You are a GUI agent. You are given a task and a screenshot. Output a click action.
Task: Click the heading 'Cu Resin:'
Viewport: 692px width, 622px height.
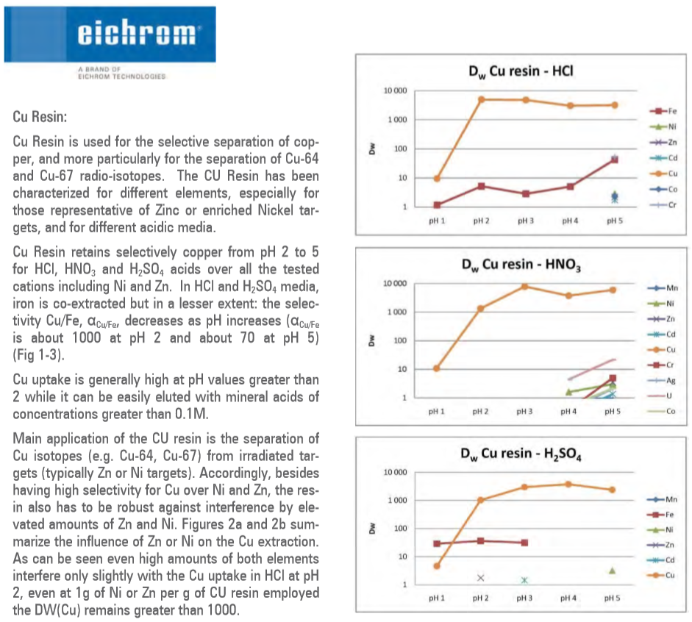[42, 116]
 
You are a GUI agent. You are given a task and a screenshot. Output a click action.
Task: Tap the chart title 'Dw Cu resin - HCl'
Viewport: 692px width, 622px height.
[521, 71]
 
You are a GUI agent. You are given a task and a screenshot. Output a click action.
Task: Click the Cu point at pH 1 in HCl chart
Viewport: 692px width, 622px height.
[437, 178]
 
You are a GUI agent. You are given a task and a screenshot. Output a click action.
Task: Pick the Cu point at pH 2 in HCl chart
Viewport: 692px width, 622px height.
[481, 99]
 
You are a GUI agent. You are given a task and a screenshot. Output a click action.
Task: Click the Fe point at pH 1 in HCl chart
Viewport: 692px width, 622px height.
[437, 205]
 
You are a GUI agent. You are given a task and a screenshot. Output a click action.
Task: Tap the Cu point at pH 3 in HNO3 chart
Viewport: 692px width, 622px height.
[525, 286]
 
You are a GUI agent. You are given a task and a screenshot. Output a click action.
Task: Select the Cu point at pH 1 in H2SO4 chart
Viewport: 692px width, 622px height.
[437, 565]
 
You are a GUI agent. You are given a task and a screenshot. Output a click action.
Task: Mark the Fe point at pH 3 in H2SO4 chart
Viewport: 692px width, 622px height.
[524, 543]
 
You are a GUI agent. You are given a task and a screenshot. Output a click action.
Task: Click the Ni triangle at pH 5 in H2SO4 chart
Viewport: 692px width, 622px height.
[612, 571]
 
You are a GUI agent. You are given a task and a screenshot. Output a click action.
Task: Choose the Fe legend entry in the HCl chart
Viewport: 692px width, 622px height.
[661, 111]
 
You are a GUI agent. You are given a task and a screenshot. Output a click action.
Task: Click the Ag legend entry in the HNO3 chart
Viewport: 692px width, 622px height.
[663, 380]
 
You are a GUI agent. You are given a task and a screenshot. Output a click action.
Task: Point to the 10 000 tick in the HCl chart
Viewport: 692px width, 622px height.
[395, 90]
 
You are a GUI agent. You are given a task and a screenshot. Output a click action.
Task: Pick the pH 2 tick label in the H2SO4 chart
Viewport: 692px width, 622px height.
[481, 598]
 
